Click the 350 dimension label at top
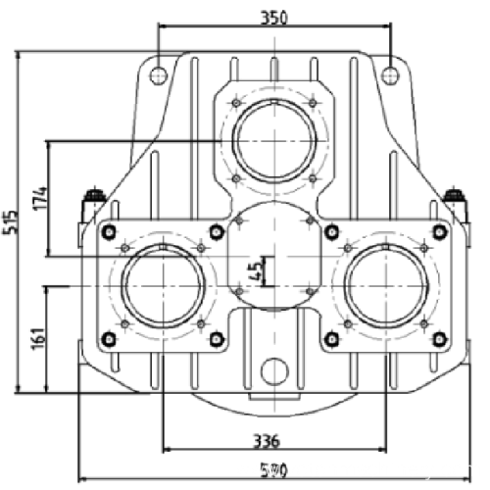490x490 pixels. pyautogui.click(x=274, y=17)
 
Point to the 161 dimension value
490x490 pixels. pyautogui.click(x=36, y=337)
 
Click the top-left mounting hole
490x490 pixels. pyautogui.click(x=158, y=74)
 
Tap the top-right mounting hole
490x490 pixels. pyautogui.click(x=390, y=74)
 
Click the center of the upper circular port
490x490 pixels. pyautogui.click(x=273, y=140)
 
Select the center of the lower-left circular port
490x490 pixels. pyautogui.click(x=162, y=285)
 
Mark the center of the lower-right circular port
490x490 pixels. pyautogui.click(x=385, y=285)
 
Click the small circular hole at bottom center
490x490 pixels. pyautogui.click(x=274, y=370)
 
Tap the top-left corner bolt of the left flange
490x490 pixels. pyautogui.click(x=109, y=231)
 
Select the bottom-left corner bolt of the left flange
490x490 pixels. pyautogui.click(x=109, y=339)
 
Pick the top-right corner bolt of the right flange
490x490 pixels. pyautogui.click(x=438, y=231)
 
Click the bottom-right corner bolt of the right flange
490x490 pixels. pyautogui.click(x=438, y=339)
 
